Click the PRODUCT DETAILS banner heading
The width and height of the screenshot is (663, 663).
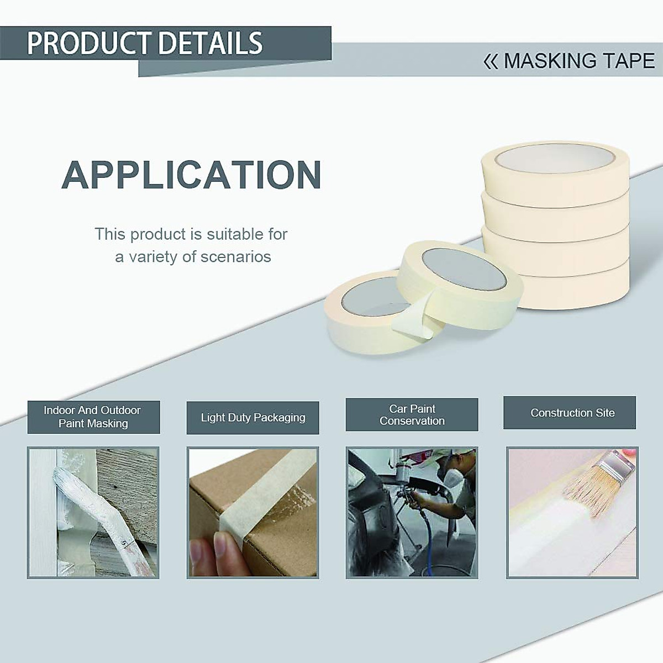(145, 43)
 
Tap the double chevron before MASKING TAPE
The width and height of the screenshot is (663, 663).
(490, 61)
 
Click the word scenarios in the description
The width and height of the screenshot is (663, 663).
(236, 257)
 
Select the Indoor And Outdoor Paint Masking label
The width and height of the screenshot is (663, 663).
(93, 417)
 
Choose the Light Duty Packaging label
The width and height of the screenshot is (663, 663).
(253, 418)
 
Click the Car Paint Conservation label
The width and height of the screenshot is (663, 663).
(412, 414)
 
